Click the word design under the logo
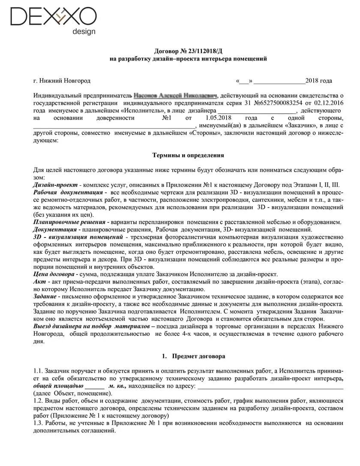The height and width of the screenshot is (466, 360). [x=84, y=32]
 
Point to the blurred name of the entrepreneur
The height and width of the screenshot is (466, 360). [x=176, y=96]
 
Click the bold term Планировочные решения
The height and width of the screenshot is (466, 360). [x=69, y=222]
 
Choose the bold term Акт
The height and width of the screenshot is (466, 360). [x=39, y=282]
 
